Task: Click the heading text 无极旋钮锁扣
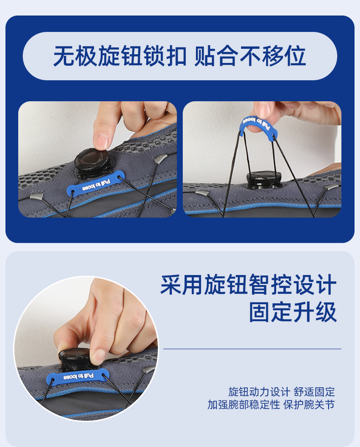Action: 120,57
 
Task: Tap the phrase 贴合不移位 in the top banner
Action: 250,57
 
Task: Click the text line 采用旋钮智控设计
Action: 248,286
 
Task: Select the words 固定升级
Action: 293,313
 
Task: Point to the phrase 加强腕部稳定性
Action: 243,405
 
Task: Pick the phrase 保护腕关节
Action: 309,405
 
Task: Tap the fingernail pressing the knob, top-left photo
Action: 102,140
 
